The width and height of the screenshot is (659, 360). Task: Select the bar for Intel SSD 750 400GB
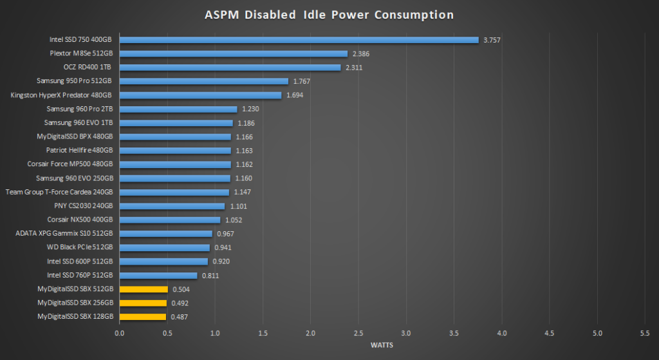[299, 40]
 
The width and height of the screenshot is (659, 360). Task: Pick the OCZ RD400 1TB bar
[230, 68]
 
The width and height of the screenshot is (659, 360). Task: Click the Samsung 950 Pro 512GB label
[75, 81]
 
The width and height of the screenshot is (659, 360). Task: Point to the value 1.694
[295, 95]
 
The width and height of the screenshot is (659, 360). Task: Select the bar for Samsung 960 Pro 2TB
[178, 109]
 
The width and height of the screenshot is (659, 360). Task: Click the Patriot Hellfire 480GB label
[79, 151]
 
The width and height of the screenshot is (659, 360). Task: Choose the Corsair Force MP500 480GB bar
[175, 164]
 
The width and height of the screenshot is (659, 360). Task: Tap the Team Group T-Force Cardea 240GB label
[59, 192]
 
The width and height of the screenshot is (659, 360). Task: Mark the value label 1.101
[238, 206]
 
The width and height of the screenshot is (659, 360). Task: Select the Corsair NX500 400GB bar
[170, 220]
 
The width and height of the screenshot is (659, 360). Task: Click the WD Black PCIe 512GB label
[80, 247]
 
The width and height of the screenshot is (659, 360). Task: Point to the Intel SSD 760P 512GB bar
[158, 275]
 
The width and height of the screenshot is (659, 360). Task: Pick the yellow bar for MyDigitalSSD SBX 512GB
[144, 289]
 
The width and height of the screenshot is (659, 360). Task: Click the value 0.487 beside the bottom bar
[179, 317]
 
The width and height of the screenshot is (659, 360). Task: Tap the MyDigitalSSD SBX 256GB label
[75, 303]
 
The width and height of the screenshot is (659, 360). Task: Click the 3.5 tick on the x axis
[454, 333]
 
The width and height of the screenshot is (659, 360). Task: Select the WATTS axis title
[382, 345]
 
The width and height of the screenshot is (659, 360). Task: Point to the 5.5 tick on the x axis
[645, 333]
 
